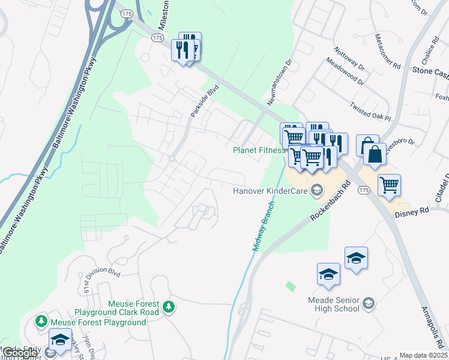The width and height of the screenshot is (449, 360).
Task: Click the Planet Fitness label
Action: (x=259, y=150)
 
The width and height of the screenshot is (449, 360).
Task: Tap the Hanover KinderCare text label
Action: (x=270, y=191)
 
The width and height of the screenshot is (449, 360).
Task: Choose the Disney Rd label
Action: (x=412, y=212)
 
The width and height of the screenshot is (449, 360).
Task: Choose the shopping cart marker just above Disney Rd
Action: (x=389, y=185)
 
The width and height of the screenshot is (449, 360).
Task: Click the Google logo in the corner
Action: (x=19, y=353)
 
